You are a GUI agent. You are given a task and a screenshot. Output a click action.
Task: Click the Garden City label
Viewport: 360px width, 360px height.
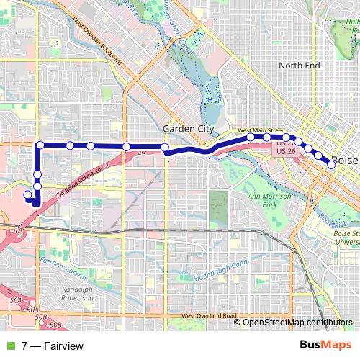pos(189,129)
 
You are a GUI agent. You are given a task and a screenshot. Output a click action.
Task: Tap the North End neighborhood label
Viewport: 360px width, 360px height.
pos(299,66)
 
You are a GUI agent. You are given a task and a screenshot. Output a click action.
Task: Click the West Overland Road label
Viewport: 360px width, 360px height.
pos(210,316)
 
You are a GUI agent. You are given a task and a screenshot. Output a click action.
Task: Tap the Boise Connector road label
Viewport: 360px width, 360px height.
pos(86,178)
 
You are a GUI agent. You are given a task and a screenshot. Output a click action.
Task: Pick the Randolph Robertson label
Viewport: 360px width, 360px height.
pos(77,293)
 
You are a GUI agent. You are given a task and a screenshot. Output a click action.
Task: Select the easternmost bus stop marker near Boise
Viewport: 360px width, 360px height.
pos(331,165)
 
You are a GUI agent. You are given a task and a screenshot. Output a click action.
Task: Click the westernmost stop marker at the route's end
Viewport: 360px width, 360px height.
pos(27,194)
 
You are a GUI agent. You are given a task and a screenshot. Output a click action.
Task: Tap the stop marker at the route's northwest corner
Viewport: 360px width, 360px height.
pos(40,145)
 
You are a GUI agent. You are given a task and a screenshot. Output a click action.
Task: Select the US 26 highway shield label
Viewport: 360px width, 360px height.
pos(286,152)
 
